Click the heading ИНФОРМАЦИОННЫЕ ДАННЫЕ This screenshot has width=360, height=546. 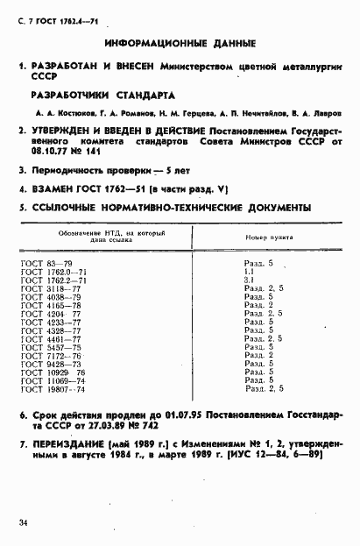coord(180,42)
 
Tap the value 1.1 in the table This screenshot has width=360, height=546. coord(249,271)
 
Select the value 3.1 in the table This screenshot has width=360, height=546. coord(249,280)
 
